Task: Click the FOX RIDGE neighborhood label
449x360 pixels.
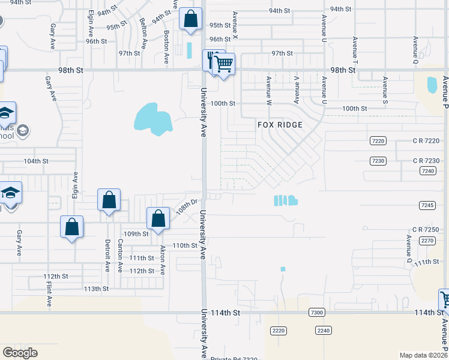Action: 280,125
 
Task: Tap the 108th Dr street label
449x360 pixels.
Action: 187,208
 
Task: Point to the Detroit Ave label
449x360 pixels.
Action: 107,254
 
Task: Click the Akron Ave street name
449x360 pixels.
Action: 162,259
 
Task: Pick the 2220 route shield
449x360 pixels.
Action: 278,331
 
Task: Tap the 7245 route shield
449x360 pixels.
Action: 426,205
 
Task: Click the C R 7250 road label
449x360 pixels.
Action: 426,230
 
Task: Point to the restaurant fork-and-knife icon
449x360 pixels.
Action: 212,59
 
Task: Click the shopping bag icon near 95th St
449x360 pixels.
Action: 190,19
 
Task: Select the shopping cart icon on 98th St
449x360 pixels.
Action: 224,62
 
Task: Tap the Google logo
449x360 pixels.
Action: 19,353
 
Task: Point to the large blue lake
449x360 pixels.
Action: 151,118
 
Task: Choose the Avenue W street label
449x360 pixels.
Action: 269,87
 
